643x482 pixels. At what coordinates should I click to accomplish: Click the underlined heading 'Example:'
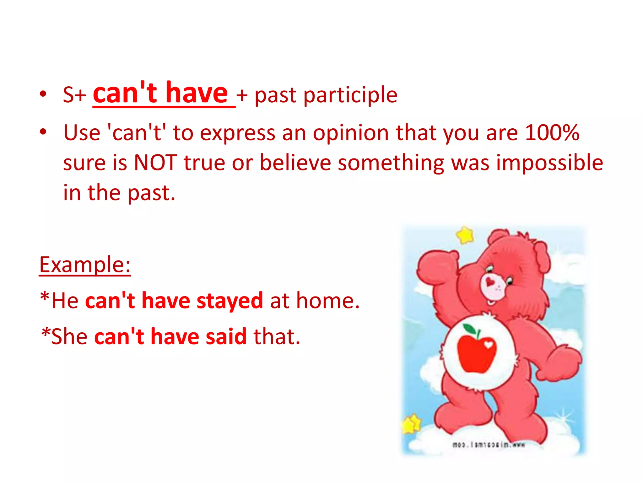[85, 265]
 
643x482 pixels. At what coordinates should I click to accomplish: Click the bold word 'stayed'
[230, 301]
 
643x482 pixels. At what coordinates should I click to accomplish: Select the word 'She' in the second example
[69, 337]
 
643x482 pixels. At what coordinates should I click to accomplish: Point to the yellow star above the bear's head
[465, 235]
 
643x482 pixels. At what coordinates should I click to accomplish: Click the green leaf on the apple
[470, 329]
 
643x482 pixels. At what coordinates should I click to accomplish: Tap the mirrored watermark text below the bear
[488, 445]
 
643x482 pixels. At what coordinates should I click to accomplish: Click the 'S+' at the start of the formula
[74, 95]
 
